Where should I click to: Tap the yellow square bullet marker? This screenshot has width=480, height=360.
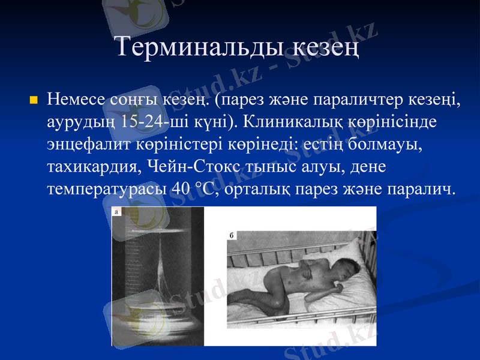[x=33, y=98]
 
